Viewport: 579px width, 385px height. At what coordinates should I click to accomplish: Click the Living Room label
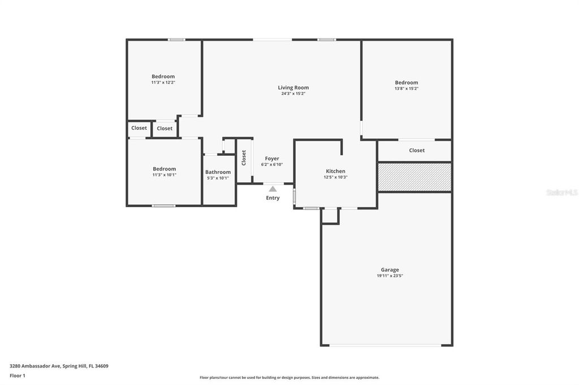pos(293,88)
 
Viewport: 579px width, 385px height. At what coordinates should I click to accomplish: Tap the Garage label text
pos(390,270)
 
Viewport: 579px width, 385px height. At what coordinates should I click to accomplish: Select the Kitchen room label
pos(335,171)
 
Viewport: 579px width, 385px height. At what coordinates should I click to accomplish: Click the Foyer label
pos(272,159)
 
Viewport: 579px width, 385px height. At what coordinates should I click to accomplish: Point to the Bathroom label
pos(218,172)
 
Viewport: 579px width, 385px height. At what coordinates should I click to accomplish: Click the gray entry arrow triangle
pos(273,189)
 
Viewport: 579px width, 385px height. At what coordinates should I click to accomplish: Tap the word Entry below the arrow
pos(273,198)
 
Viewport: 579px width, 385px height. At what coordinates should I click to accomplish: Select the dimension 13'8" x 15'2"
pos(406,89)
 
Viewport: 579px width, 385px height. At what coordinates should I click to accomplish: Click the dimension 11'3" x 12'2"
pos(163,82)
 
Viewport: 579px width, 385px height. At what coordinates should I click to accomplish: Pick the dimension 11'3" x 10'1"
pos(164,175)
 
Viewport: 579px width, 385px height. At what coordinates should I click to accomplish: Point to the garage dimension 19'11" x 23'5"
pos(390,276)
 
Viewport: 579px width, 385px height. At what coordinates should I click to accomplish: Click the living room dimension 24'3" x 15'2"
pos(293,94)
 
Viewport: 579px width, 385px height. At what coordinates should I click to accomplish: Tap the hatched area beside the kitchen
pos(414,177)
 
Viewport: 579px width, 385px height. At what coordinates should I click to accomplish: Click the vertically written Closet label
pos(244,157)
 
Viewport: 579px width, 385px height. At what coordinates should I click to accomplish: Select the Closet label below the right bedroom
pos(417,151)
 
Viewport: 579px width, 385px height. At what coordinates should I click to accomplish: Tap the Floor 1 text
pos(18,375)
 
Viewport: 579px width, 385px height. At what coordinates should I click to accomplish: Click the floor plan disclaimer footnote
pos(289,378)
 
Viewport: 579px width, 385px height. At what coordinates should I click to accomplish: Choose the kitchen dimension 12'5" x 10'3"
pos(335,177)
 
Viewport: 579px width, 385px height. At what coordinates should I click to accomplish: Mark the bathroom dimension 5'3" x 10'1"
pos(218,178)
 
